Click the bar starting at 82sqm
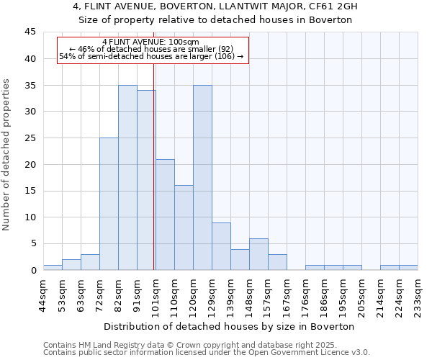pos(127,178)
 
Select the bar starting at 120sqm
pos(202,178)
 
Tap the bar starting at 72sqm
pos(109,204)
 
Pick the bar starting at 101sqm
pos(165,215)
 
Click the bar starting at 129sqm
pos(221,246)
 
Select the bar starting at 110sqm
pos(184,228)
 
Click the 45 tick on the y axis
pos(30,32)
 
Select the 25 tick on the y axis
pos(30,138)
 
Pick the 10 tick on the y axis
pos(30,217)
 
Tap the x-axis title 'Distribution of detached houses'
pos(230,326)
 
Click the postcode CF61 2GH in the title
pos(326,6)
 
